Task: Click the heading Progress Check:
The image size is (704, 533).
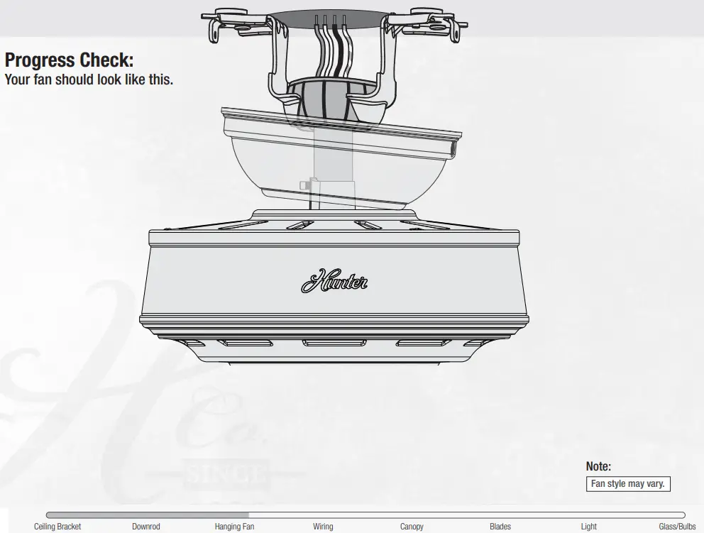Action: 69,61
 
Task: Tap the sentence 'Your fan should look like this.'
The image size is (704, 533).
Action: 89,79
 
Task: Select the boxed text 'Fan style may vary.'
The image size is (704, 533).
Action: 628,484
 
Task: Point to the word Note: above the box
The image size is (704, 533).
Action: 598,466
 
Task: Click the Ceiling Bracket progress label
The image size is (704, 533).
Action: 57,527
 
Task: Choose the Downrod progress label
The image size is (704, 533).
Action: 145,527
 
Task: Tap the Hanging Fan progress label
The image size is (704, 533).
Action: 234,527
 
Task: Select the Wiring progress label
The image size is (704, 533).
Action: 323,527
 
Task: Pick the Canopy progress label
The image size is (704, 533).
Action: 412,527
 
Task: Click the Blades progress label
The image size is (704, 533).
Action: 500,527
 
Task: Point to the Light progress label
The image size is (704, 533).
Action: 589,527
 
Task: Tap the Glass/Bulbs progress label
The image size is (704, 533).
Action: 677,527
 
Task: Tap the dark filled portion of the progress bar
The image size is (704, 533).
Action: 147,515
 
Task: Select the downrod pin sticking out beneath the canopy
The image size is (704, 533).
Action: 307,186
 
